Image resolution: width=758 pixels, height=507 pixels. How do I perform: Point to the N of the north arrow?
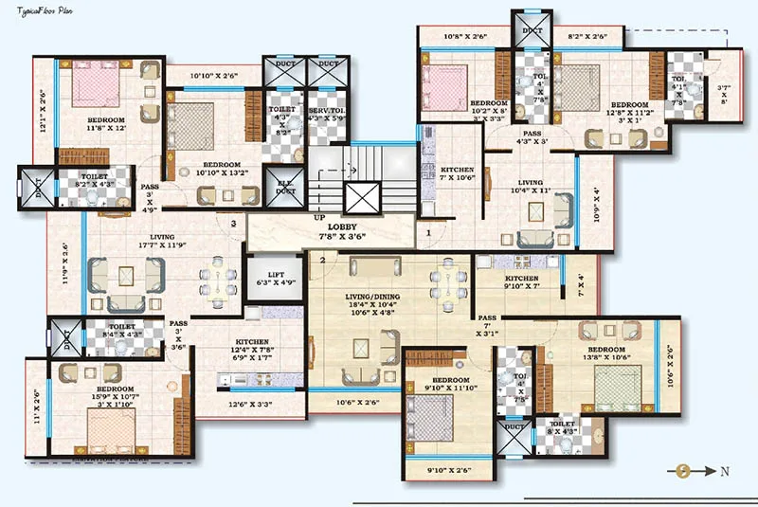(x=722, y=470)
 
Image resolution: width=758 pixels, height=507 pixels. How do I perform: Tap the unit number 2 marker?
(x=322, y=260)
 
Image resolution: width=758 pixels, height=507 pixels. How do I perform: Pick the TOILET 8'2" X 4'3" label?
(x=94, y=180)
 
